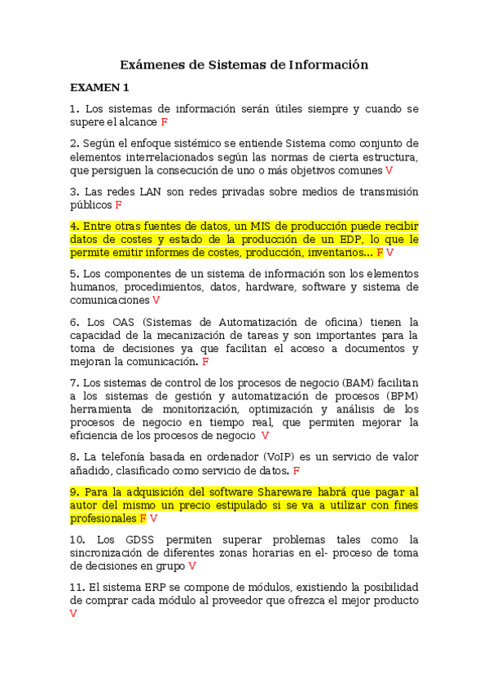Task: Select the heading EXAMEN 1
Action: coord(99,88)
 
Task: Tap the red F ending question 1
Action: coord(165,122)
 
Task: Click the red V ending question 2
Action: coord(389,170)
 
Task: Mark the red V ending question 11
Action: coord(73,614)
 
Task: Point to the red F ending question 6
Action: coord(205,361)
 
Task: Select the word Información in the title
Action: coord(323,64)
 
